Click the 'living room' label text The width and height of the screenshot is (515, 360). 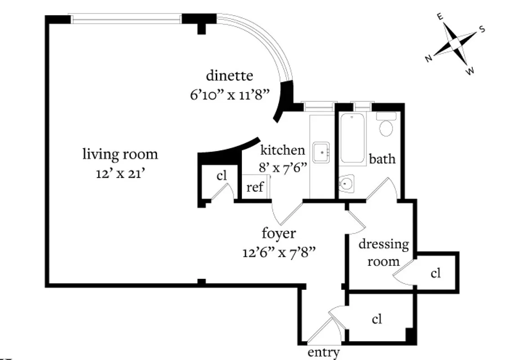(x=120, y=154)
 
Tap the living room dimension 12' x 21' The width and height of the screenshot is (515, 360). (x=120, y=173)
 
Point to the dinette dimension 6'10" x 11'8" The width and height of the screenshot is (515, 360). (x=229, y=95)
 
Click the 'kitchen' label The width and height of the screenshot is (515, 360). (x=282, y=150)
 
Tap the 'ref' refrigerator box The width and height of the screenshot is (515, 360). (x=255, y=187)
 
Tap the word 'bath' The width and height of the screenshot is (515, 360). (x=382, y=159)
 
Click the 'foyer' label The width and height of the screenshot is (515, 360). (x=279, y=234)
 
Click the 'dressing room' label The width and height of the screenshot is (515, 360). (x=384, y=252)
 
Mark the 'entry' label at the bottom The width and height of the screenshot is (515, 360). (x=323, y=353)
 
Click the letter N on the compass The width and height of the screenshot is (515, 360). (x=429, y=58)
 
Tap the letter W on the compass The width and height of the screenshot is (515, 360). (x=470, y=71)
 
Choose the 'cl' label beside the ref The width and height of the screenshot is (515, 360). (x=221, y=175)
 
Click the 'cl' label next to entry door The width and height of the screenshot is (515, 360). (x=377, y=319)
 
